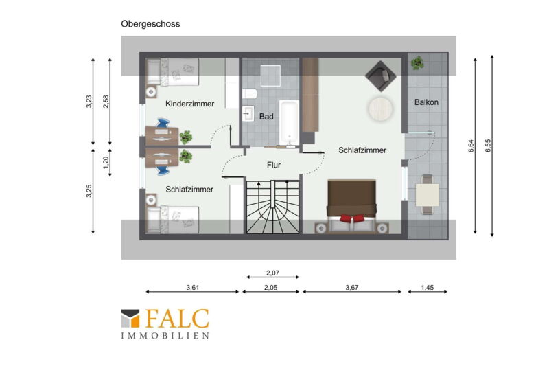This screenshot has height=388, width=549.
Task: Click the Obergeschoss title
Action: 150,24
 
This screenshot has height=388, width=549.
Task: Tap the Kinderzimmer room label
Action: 190,104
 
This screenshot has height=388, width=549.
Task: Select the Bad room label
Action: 266,117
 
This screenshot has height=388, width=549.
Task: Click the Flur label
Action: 273,165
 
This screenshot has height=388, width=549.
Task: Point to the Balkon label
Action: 426,102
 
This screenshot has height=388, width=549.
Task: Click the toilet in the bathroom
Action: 249,94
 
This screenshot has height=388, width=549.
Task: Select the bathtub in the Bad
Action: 289,122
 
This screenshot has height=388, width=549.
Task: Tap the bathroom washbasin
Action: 248,113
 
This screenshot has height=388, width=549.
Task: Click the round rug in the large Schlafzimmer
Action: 380,109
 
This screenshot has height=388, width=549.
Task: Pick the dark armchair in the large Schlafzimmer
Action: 381,76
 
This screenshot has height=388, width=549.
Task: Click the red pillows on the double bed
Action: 352,218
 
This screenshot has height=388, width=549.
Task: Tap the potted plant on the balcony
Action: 417,63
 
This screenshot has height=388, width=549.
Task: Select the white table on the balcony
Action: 427,195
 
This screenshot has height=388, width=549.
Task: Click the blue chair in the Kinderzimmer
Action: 163,124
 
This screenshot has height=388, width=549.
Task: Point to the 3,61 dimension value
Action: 193,288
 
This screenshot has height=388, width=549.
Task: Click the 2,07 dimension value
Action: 272,273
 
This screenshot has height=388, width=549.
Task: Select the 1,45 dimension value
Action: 427,288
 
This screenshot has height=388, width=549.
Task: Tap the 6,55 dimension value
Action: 488,146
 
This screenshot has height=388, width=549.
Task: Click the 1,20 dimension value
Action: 106,162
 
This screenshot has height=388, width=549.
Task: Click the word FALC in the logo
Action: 177,319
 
